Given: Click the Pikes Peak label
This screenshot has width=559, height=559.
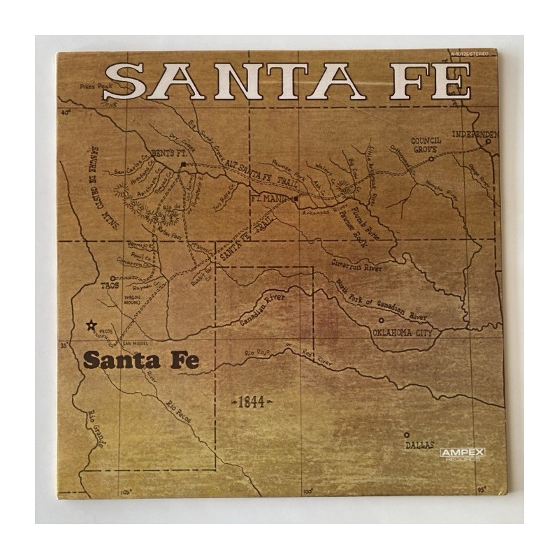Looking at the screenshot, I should (96, 85).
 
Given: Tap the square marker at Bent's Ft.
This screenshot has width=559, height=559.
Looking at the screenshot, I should (182, 164).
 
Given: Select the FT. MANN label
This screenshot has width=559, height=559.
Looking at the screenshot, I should (270, 198).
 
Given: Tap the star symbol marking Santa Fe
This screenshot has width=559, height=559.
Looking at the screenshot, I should (90, 325).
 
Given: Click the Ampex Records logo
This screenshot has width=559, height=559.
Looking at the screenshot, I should (463, 455).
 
